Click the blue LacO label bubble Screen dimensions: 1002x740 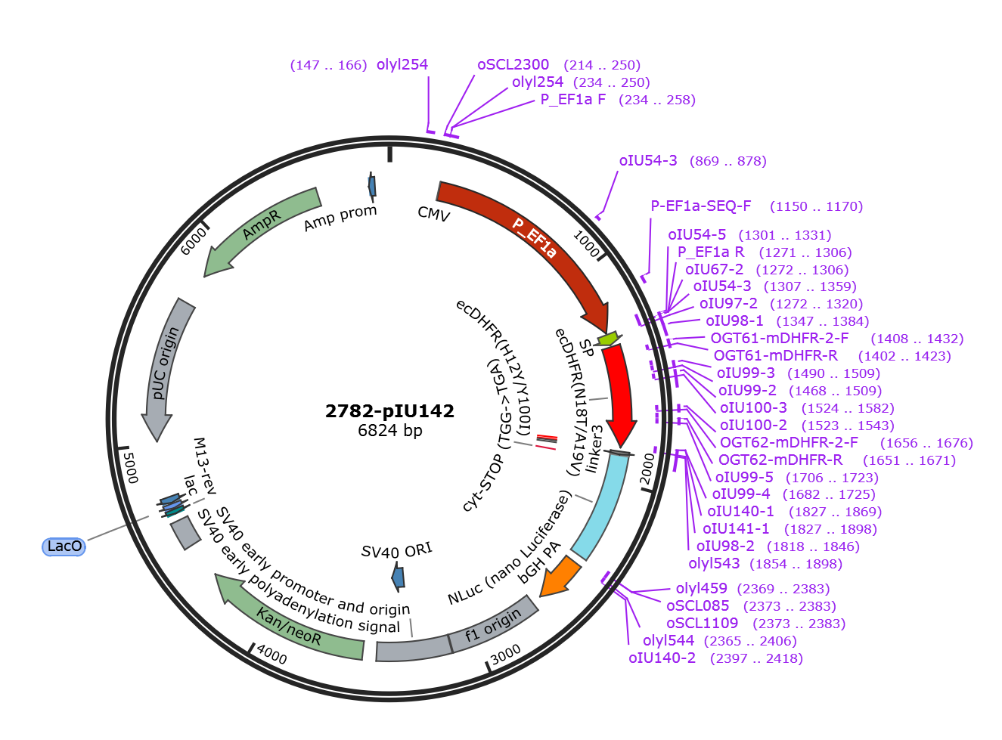click(x=64, y=546)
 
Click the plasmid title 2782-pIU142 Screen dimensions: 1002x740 click(x=389, y=411)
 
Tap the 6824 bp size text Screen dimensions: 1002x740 click(x=390, y=430)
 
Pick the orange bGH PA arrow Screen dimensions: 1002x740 click(x=560, y=577)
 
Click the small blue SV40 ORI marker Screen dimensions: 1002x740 click(x=398, y=577)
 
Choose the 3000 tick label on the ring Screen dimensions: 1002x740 click(x=505, y=655)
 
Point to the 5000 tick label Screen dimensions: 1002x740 click(x=131, y=468)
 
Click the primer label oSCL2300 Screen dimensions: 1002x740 click(x=513, y=64)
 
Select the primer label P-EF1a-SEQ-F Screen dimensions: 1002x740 click(x=701, y=206)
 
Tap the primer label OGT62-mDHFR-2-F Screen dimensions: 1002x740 click(x=789, y=442)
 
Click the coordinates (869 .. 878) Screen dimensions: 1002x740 click(x=727, y=161)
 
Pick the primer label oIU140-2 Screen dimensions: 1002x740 click(x=662, y=658)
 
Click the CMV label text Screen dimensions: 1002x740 click(x=433, y=214)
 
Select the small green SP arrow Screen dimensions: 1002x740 click(x=609, y=339)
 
